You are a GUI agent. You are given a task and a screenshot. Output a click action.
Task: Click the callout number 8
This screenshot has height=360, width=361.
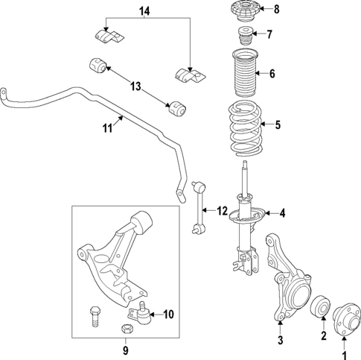[276, 10]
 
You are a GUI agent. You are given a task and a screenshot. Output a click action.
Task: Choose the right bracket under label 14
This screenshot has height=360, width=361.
[189, 75]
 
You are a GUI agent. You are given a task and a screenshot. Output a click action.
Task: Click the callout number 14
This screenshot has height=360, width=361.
[144, 10]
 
